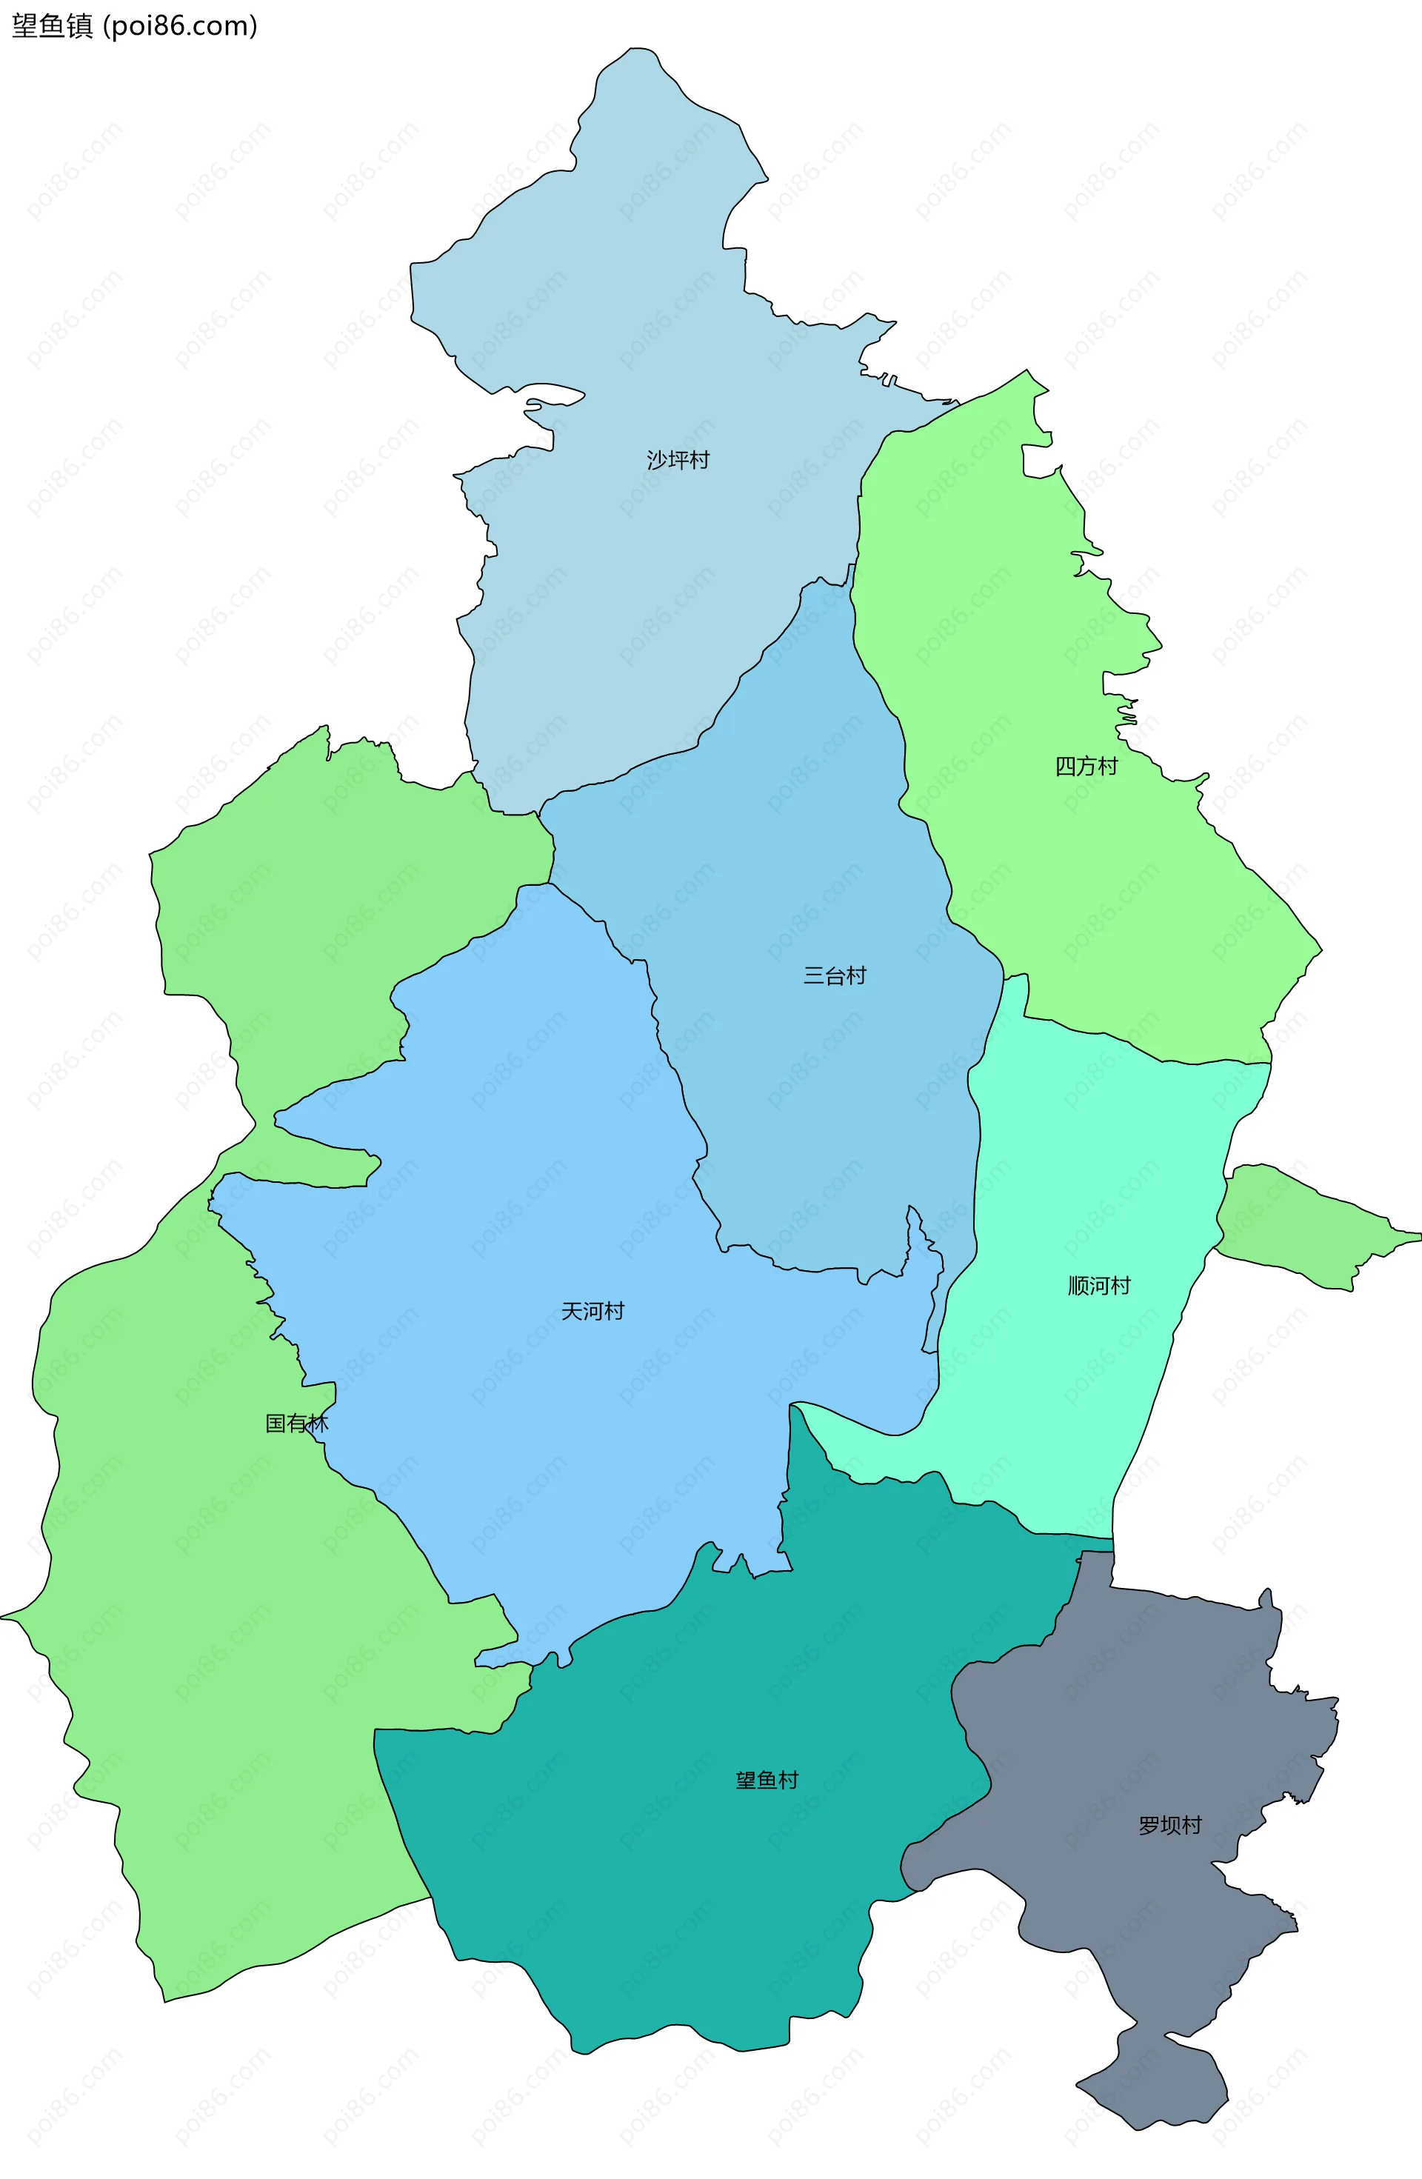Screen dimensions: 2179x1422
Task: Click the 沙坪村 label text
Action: pyautogui.click(x=678, y=460)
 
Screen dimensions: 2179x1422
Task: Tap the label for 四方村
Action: pyautogui.click(x=1086, y=767)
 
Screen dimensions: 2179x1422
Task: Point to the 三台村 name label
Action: pyautogui.click(x=834, y=976)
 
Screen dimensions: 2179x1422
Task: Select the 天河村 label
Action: pyautogui.click(x=592, y=1311)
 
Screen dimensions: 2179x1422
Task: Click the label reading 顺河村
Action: pyautogui.click(x=1099, y=1286)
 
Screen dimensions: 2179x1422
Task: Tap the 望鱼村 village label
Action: pyautogui.click(x=767, y=1780)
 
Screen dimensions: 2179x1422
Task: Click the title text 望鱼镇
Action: pyautogui.click(x=52, y=26)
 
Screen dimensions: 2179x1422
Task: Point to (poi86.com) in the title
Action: pyautogui.click(x=181, y=26)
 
